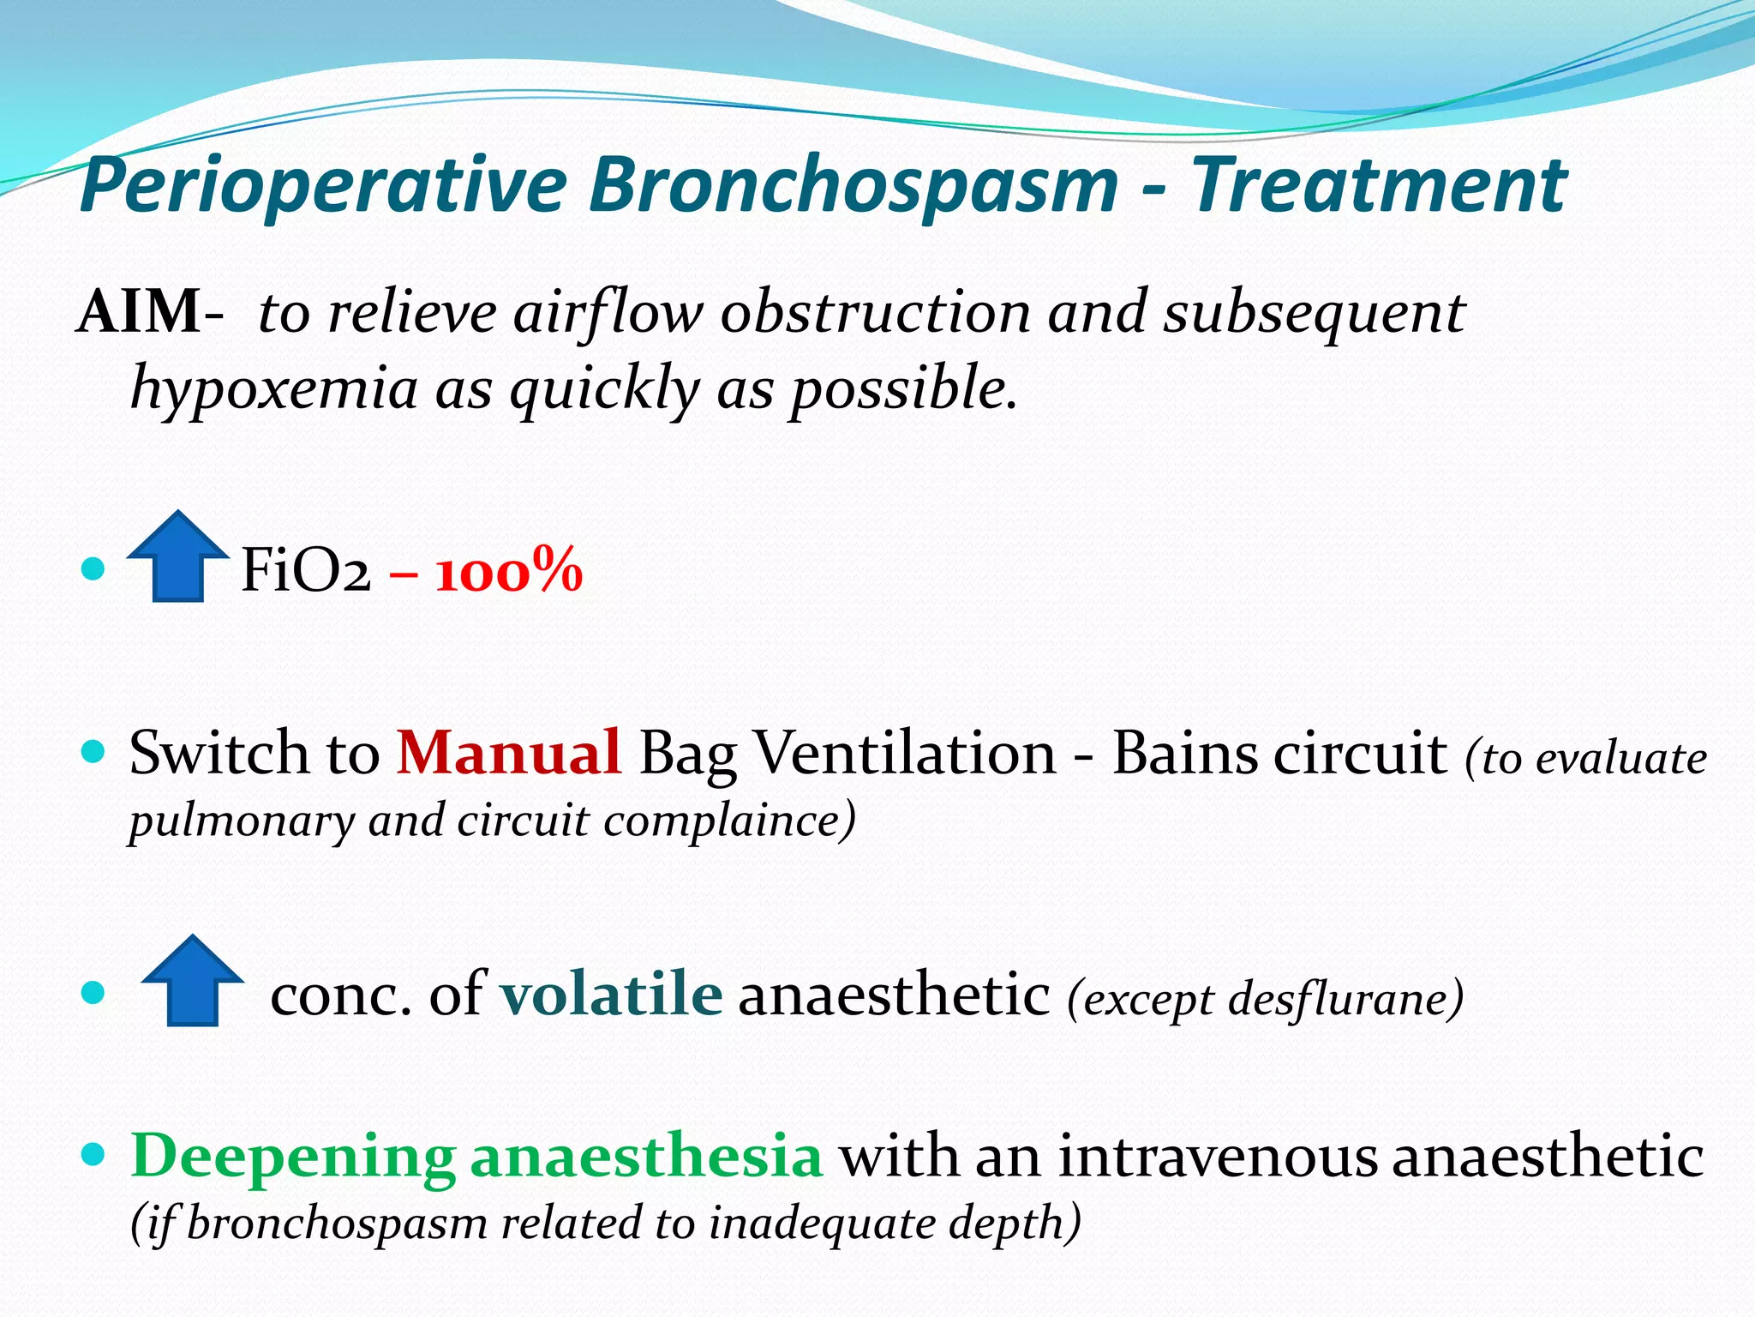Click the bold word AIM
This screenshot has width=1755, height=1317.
(x=140, y=312)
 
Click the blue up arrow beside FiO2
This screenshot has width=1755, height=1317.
(x=177, y=557)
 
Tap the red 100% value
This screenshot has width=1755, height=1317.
(x=509, y=572)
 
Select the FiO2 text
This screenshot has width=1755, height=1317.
(x=305, y=571)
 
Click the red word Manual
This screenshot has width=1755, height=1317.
(x=508, y=753)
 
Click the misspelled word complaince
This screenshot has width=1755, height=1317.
(x=728, y=821)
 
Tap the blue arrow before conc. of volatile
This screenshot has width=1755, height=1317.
(x=192, y=981)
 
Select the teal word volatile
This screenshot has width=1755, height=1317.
(x=611, y=995)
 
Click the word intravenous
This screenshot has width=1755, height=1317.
(x=1218, y=1156)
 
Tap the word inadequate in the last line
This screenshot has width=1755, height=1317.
(x=821, y=1224)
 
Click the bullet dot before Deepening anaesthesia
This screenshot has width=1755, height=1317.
(x=93, y=1155)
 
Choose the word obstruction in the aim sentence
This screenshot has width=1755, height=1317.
(x=875, y=312)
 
